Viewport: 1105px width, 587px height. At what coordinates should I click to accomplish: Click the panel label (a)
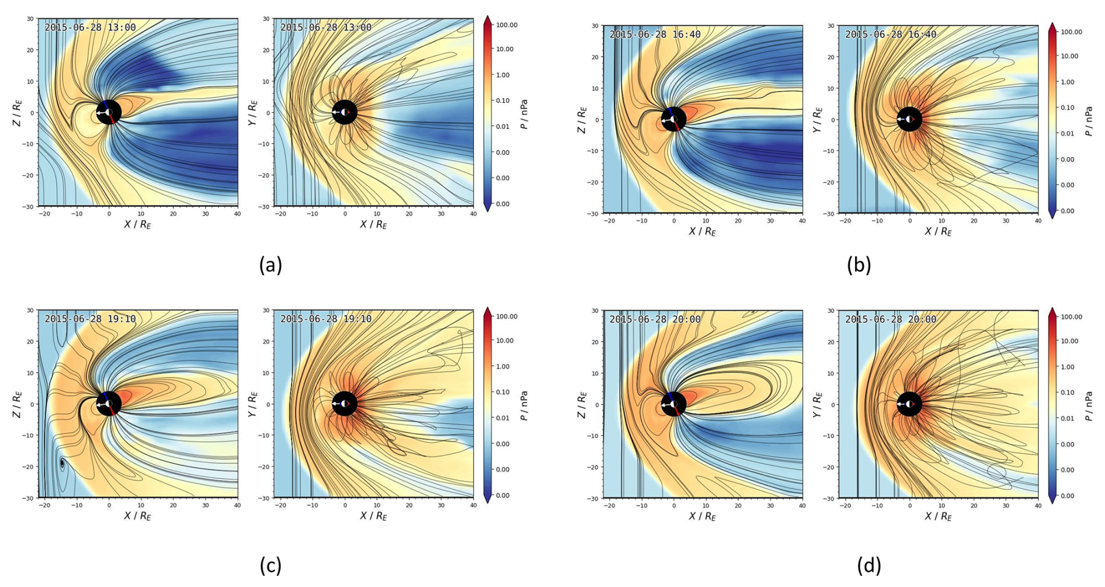pyautogui.click(x=270, y=265)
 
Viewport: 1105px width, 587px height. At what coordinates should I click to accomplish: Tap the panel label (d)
pyautogui.click(x=869, y=565)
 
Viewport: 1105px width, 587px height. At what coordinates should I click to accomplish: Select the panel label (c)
pyautogui.click(x=270, y=565)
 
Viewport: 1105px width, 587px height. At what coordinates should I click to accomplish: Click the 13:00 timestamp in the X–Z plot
pyautogui.click(x=90, y=27)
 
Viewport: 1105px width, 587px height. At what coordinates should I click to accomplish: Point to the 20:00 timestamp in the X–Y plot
pyautogui.click(x=891, y=319)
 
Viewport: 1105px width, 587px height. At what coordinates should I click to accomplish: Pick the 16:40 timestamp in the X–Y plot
pyautogui.click(x=891, y=34)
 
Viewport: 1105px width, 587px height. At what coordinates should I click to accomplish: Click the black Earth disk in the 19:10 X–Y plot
pyautogui.click(x=345, y=404)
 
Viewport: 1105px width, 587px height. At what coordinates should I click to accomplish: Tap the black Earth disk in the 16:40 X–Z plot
pyautogui.click(x=673, y=119)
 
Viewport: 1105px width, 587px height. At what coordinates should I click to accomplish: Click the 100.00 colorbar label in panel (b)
pyautogui.click(x=1071, y=32)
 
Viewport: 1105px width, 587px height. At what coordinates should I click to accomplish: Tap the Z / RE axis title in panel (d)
pyautogui.click(x=581, y=405)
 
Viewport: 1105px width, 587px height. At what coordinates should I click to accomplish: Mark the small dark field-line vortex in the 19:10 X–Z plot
pyautogui.click(x=62, y=464)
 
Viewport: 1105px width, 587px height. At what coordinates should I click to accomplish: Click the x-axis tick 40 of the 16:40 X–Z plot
pyautogui.click(x=802, y=221)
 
